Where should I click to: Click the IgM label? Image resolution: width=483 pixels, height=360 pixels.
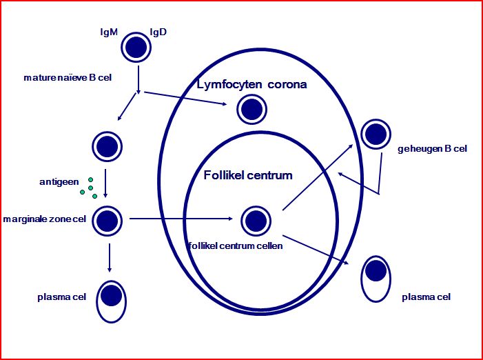coord(108,32)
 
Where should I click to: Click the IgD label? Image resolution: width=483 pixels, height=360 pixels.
coord(159,32)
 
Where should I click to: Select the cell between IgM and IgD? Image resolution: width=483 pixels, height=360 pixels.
coord(136,46)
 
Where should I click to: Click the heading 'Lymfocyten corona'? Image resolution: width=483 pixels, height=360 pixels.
coord(251,85)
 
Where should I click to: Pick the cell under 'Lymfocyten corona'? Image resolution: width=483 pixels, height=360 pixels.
coord(252,109)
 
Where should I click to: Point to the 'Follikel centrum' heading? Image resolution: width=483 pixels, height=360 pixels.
coord(248,175)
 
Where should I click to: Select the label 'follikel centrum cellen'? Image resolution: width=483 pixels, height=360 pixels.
coord(234,245)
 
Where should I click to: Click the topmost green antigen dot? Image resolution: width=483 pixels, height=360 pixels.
coord(90,180)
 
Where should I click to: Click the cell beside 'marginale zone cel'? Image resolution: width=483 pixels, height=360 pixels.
coord(106,220)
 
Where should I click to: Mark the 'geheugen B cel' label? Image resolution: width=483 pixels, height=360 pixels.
coord(433,148)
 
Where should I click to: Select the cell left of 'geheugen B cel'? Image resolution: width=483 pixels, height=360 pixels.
coord(377,134)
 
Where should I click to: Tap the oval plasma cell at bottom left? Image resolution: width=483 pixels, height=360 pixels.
coord(111,301)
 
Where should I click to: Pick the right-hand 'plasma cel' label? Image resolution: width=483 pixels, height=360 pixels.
coord(426,297)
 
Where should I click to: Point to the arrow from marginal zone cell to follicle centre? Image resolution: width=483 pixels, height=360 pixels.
coord(181,220)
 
